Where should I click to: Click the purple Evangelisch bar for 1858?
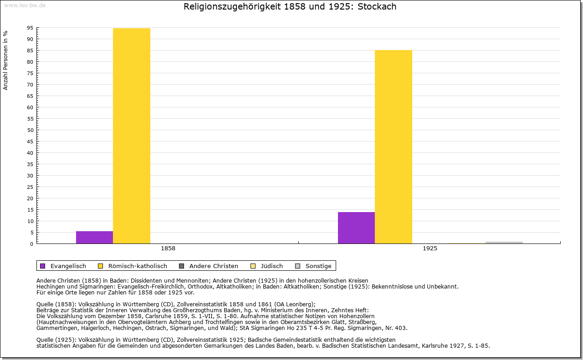[x=94, y=237]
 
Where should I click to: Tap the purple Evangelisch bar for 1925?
[x=356, y=228]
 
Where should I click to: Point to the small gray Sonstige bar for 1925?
[x=504, y=243]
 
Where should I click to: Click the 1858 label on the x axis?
[x=168, y=248]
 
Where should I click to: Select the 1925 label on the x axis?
[x=430, y=248]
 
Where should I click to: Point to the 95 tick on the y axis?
[x=30, y=28]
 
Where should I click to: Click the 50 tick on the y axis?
[x=30, y=130]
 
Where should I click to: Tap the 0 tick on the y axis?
[x=31, y=244]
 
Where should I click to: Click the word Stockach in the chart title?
[x=377, y=6]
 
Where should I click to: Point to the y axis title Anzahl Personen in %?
[x=6, y=61]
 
